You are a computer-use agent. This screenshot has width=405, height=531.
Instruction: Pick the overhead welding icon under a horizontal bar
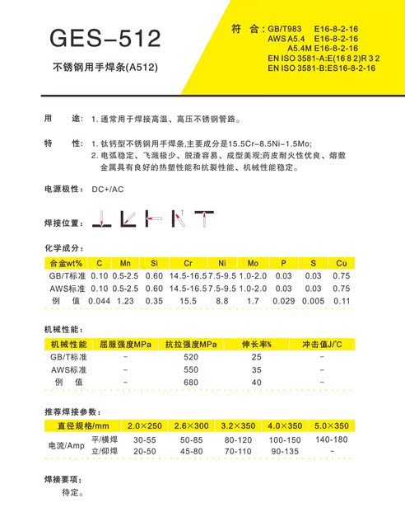pyautogui.click(x=203, y=219)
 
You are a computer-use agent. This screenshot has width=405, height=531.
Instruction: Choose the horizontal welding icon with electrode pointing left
pyautogui.click(x=153, y=219)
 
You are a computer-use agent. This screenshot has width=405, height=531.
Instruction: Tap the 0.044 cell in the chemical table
pyautogui.click(x=99, y=302)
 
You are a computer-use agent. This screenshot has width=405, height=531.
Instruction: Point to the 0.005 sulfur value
pyautogui.click(x=313, y=302)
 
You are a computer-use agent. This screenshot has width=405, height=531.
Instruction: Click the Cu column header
pyautogui.click(x=341, y=263)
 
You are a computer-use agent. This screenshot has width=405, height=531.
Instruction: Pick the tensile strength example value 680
pyautogui.click(x=191, y=383)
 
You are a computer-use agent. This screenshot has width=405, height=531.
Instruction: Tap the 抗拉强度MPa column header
pyautogui.click(x=191, y=343)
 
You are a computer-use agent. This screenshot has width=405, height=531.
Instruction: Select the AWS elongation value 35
pyautogui.click(x=256, y=369)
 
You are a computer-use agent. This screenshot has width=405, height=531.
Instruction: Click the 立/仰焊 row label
pyautogui.click(x=105, y=452)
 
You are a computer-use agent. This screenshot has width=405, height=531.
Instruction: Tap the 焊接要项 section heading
pyautogui.click(x=63, y=479)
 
